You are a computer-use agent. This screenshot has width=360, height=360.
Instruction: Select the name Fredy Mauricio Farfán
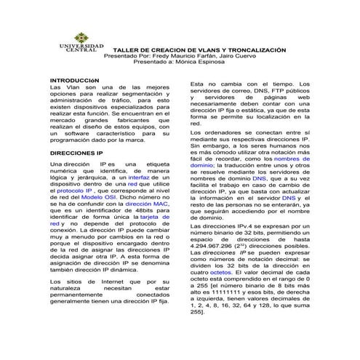(x=183, y=56)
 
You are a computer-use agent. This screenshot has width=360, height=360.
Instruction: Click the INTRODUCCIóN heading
(x=74, y=79)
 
